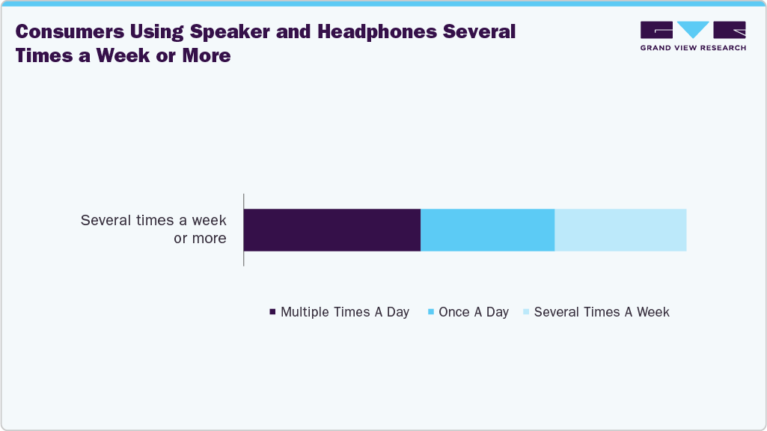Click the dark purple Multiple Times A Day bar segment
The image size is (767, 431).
332,230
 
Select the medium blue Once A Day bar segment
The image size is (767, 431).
487,230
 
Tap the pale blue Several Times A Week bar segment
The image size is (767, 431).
620,230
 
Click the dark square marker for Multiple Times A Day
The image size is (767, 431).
272,313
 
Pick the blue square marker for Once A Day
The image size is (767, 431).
431,313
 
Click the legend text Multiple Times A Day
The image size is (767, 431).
344,312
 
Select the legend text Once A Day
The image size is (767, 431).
474,312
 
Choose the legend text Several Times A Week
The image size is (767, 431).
602,312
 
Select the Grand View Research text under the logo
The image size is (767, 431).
693,48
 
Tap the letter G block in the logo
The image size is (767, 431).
656,30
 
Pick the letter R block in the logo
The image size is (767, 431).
730,30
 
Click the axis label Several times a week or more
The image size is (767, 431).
153,230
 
